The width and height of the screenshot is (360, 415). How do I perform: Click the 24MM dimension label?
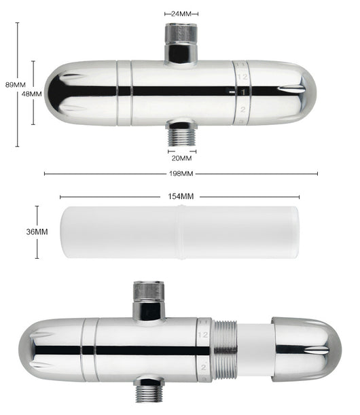(x=181, y=14)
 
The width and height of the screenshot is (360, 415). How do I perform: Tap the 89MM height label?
(x=16, y=85)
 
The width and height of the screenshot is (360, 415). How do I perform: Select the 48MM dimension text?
(x=31, y=94)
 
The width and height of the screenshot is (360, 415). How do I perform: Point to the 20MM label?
(x=181, y=158)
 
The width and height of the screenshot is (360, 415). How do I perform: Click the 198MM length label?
(x=181, y=174)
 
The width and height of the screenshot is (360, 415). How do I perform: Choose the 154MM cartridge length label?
(x=181, y=196)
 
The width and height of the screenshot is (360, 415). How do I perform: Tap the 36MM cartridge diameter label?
(x=37, y=232)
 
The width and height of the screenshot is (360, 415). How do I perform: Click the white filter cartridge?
(x=179, y=232)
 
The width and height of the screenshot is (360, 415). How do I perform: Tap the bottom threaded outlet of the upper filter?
(x=182, y=133)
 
